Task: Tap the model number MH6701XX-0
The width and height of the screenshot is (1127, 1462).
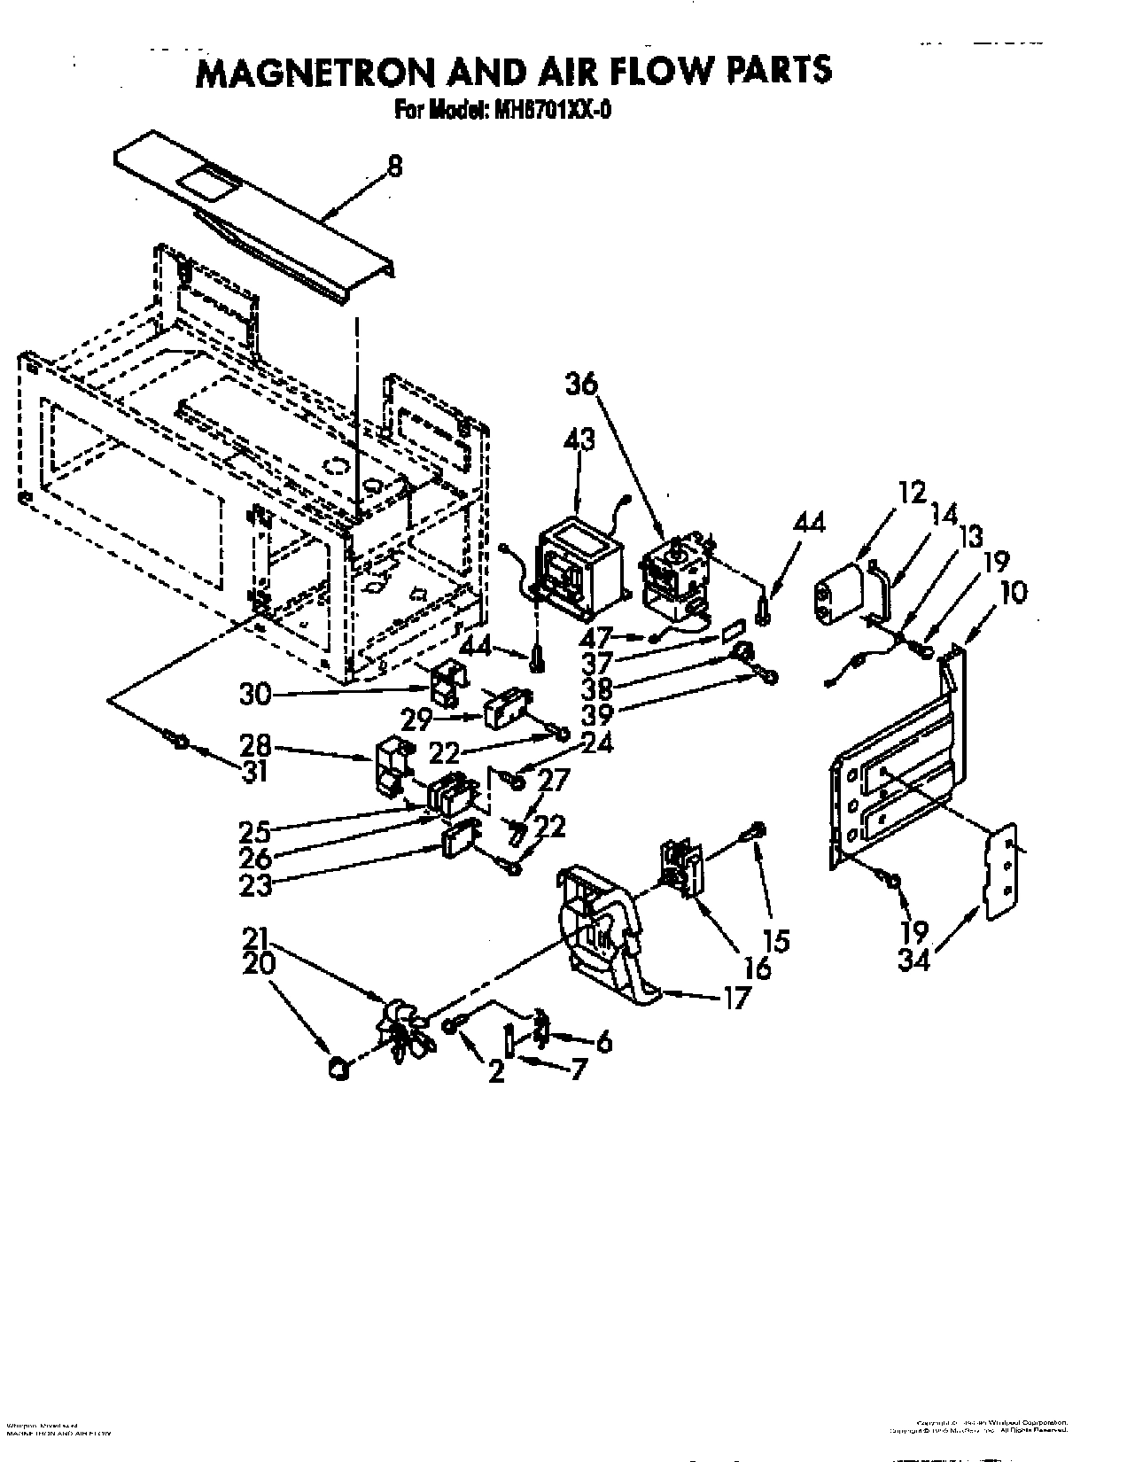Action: [550, 111]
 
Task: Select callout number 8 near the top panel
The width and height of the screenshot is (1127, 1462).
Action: [395, 166]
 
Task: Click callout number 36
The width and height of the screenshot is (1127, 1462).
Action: [581, 385]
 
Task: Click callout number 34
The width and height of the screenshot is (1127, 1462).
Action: [913, 959]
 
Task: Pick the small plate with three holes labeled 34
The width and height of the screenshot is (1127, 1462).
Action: [1002, 873]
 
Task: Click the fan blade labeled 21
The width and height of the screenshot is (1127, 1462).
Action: [404, 1029]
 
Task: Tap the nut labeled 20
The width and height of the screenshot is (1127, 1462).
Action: [337, 1069]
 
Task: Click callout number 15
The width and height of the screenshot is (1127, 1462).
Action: [780, 940]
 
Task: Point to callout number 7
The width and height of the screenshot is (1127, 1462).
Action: [578, 1069]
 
